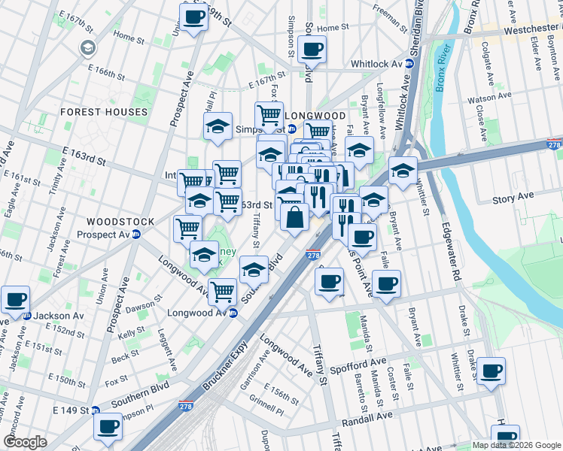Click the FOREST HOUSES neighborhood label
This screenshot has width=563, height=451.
104,112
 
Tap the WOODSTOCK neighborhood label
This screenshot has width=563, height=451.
120,222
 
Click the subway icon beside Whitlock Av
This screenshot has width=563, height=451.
410,65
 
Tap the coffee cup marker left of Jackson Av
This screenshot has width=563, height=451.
15,298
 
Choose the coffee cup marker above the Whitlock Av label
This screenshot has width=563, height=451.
311,50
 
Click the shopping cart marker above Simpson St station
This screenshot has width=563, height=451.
269,115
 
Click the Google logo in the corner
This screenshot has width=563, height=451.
25,442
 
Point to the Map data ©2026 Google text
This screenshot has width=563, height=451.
516,445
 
